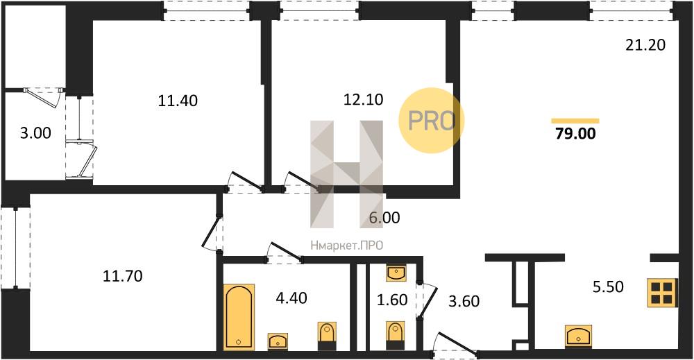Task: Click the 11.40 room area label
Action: tap(178, 101)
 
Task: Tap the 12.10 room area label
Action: tap(364, 99)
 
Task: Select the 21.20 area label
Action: tap(645, 44)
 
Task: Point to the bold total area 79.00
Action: tap(575, 133)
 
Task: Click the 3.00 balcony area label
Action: tap(36, 132)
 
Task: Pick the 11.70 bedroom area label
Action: tap(123, 276)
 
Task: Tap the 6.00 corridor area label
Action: tap(384, 217)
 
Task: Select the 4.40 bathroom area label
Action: tap(291, 298)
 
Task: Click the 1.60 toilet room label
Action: tap(392, 300)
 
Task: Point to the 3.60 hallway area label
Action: tap(464, 301)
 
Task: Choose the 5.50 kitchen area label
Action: tap(608, 286)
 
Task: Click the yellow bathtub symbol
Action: tap(239, 317)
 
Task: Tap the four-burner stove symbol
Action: tap(663, 293)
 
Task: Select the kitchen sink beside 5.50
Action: tap(579, 336)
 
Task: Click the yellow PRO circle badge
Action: tap(432, 120)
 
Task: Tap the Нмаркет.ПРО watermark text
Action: tap(346, 246)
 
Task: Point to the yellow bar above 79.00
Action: tap(575, 121)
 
